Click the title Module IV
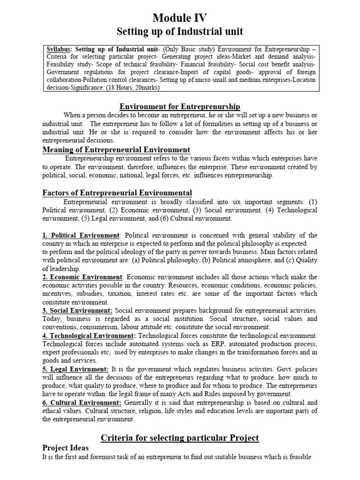pyautogui.click(x=180, y=18)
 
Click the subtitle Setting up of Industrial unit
pyautogui.click(x=180, y=32)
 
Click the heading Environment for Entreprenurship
pyautogui.click(x=180, y=107)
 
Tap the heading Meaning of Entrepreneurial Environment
pyautogui.click(x=116, y=150)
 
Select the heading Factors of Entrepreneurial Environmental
pyautogui.click(x=117, y=193)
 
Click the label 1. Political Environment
pyautogui.click(x=81, y=235)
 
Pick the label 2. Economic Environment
pyautogui.click(x=82, y=277)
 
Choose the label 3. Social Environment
pyautogui.click(x=77, y=311)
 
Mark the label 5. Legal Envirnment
pyautogui.click(x=75, y=369)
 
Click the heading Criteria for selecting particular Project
pyautogui.click(x=180, y=438)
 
